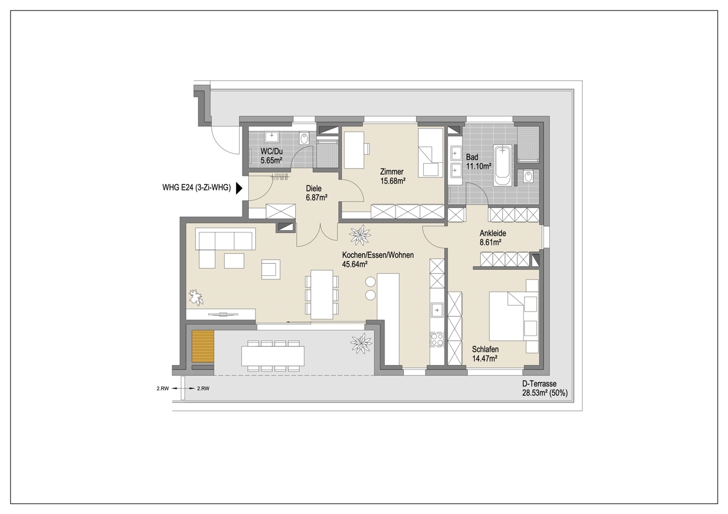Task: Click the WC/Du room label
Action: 272,152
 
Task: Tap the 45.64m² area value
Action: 354,264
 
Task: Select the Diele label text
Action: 314,188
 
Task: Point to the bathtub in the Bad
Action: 503,165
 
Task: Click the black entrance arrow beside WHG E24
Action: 239,188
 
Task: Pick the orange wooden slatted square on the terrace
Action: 203,346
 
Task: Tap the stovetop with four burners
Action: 437,339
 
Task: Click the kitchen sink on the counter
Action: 438,310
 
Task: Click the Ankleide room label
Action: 493,233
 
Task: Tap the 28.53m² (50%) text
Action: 545,393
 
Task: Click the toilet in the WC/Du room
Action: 304,139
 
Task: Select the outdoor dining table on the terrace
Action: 273,356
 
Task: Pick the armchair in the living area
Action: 271,269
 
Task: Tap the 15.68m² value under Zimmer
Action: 393,181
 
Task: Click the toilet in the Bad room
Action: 528,177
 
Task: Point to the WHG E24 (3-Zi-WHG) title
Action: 197,187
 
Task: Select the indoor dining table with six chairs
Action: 322,294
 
